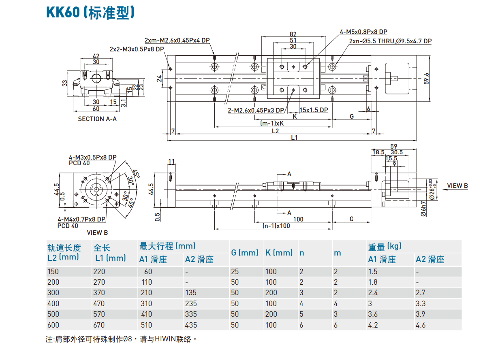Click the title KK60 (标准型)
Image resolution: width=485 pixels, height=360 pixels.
pos(90,13)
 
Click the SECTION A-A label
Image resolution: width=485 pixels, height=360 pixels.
pos(97,119)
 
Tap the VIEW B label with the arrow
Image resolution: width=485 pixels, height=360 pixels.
pos(457,186)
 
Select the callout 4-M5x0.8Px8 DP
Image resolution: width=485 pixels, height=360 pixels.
pos(363,32)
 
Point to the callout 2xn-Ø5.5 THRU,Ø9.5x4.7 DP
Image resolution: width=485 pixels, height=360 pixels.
pos(390,41)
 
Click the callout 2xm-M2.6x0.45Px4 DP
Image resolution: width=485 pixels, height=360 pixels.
pos(177,40)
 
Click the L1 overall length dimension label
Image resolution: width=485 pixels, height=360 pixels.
pos(294,137)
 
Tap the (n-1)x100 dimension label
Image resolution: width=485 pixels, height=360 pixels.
pos(276,226)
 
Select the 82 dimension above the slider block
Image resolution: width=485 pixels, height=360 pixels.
pos(293,34)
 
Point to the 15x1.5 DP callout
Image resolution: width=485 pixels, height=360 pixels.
pos(313,110)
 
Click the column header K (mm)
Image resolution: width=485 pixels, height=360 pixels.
pos(279,253)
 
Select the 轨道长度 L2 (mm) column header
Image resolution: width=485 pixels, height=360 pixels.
pos(64,252)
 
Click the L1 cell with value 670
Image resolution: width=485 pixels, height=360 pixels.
pos(99,325)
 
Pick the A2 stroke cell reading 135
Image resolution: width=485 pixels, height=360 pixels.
pos(190,292)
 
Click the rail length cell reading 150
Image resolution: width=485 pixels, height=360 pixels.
pos(53,271)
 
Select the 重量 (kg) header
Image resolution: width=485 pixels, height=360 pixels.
pos(385,246)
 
